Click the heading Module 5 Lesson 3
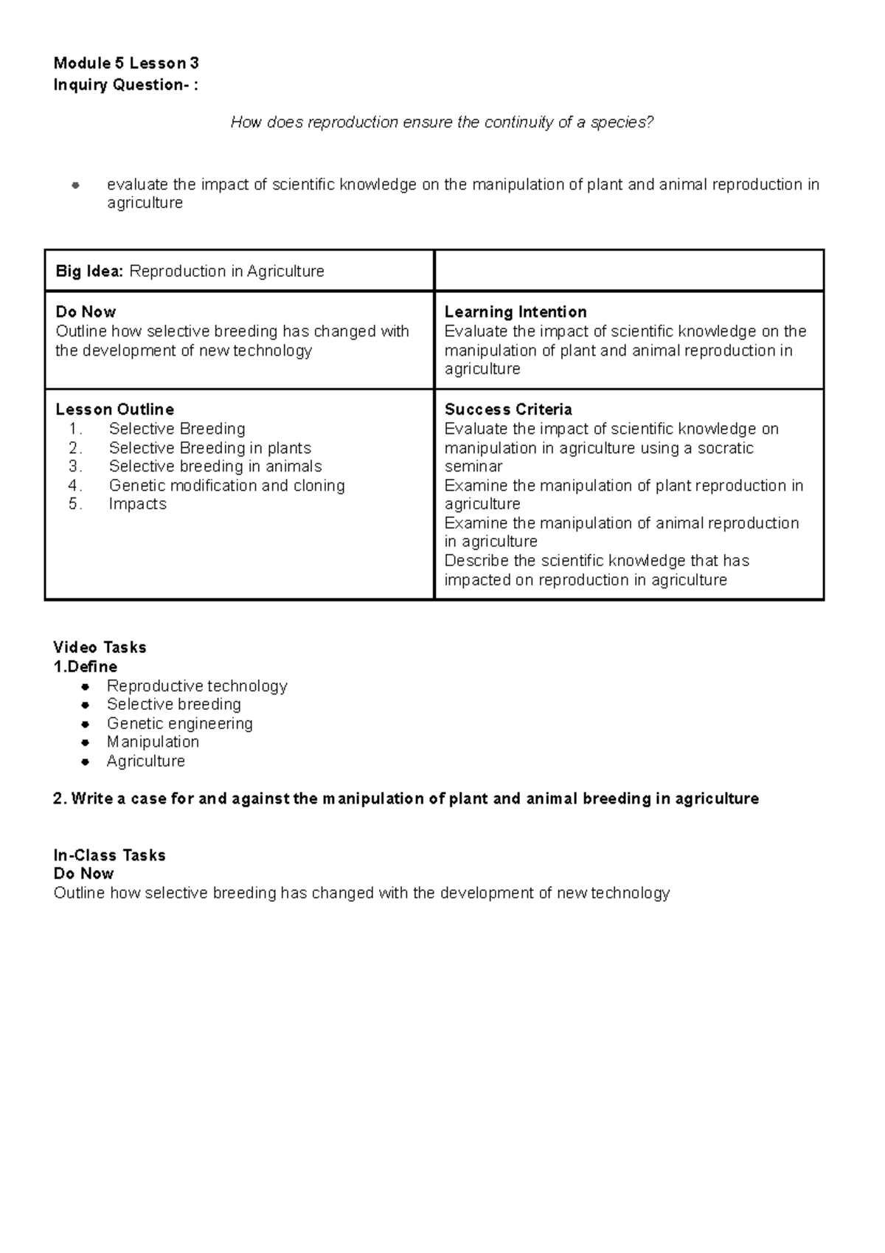pos(126,63)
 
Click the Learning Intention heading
pos(515,312)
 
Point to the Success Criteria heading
pos(507,410)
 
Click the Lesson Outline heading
pos(114,410)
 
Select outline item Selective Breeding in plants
pos(209,448)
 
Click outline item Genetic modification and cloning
pos(226,486)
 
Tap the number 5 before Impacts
pos(74,504)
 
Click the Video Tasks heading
pos(100,648)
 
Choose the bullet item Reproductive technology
pos(197,686)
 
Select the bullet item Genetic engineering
pos(179,724)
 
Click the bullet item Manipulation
pos(153,742)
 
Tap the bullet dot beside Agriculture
pos(86,762)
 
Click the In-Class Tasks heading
pos(109,856)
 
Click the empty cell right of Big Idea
pos(628,271)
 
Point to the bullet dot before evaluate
pos(74,185)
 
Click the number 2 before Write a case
pos(58,799)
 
